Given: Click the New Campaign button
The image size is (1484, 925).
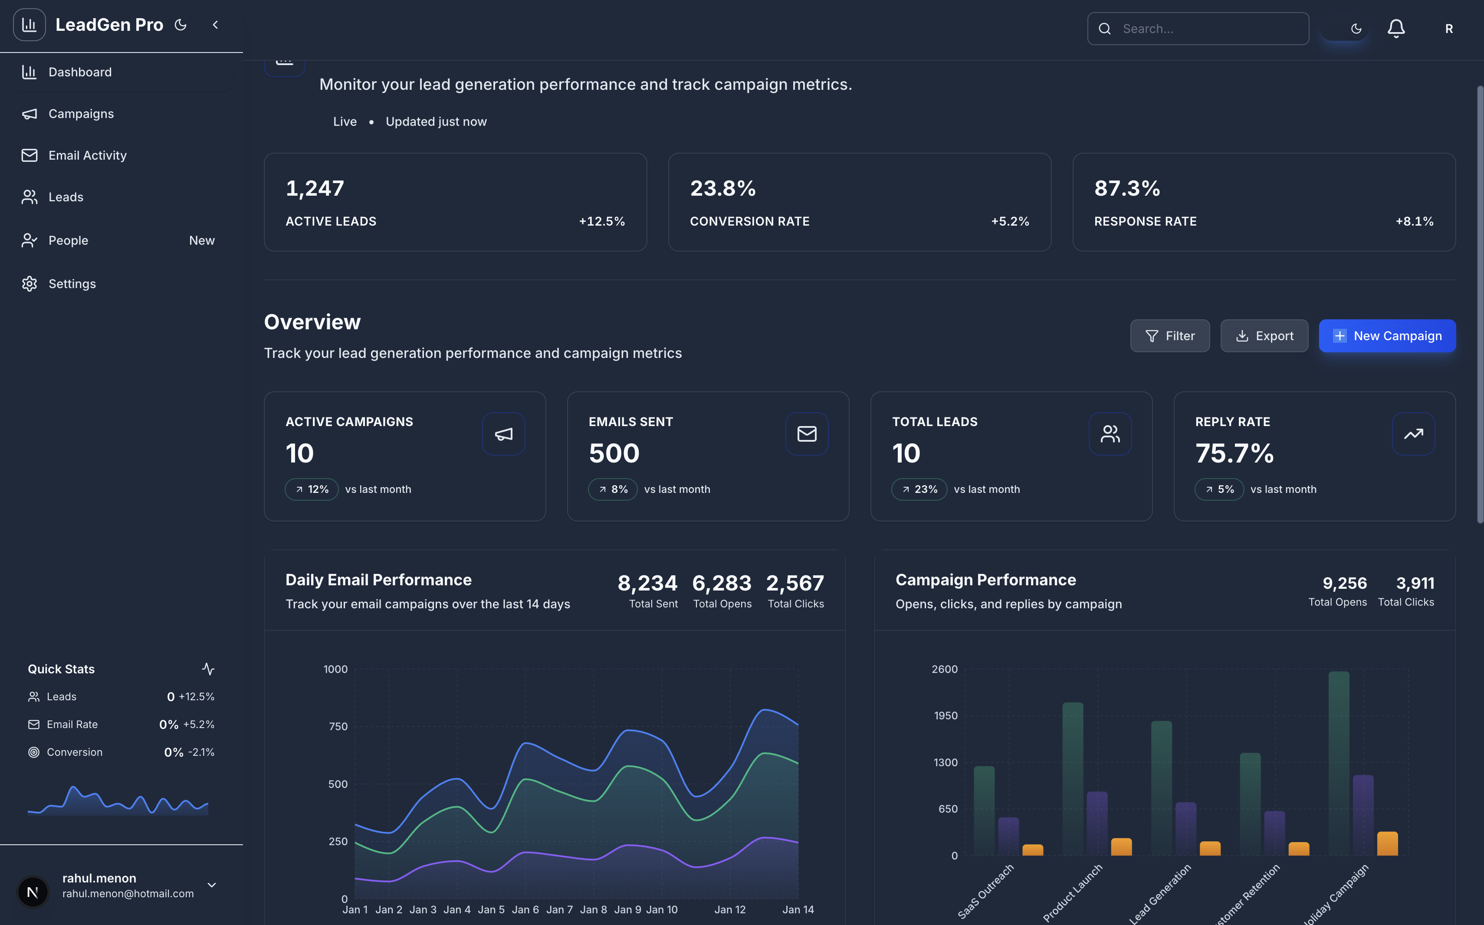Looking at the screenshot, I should pyautogui.click(x=1387, y=336).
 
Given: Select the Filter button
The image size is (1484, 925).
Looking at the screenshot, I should pyautogui.click(x=1169, y=336).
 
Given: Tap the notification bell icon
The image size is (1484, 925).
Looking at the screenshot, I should pyautogui.click(x=1395, y=29).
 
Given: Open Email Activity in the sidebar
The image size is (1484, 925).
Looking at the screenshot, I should pyautogui.click(x=88, y=155).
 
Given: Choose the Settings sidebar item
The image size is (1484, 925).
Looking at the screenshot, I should pyautogui.click(x=72, y=284).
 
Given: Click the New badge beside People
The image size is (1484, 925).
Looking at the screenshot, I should pyautogui.click(x=202, y=240).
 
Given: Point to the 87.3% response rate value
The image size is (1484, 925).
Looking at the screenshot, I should pyautogui.click(x=1127, y=188).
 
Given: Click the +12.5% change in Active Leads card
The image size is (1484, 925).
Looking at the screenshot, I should pyautogui.click(x=602, y=221).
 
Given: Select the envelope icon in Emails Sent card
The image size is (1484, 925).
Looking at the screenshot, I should pyautogui.click(x=806, y=434).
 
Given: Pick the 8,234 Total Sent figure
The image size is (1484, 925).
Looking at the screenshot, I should pyautogui.click(x=647, y=583).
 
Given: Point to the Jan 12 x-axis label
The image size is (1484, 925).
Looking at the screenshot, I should pyautogui.click(x=730, y=910).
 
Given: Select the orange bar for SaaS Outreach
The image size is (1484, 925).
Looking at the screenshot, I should pyautogui.click(x=1033, y=850).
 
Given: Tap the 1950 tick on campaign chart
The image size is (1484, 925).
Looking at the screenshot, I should pyautogui.click(x=945, y=716).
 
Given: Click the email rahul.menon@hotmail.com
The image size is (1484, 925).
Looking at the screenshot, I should pyautogui.click(x=128, y=894).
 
